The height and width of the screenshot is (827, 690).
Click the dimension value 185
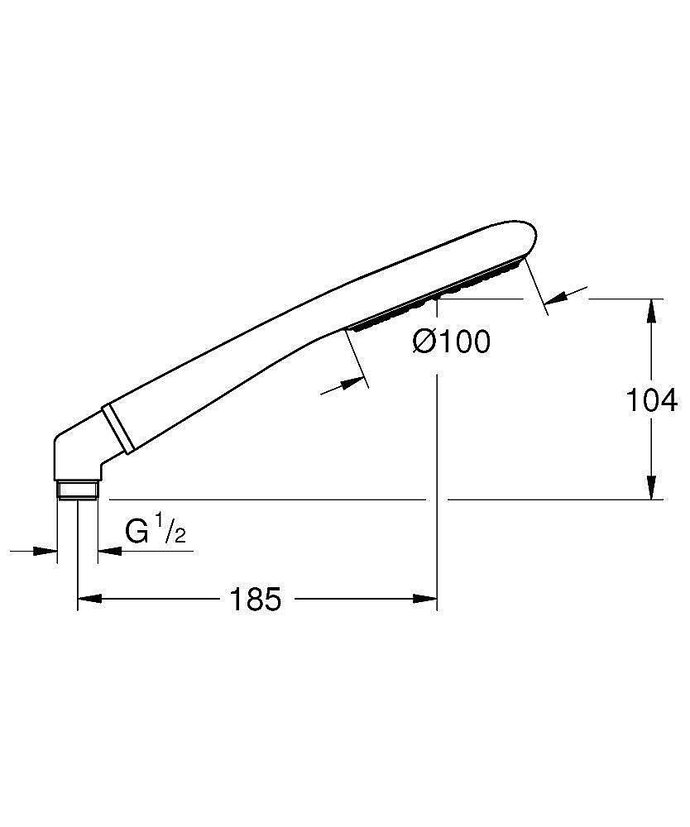(256, 599)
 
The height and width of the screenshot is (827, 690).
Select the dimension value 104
(651, 400)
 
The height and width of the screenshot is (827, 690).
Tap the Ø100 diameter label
(452, 342)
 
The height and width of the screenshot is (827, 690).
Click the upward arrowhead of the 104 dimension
(652, 310)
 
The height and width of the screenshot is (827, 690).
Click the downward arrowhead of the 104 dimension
(652, 487)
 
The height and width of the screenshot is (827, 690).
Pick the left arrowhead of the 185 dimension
(89, 599)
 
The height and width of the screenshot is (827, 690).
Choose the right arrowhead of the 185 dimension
(425, 599)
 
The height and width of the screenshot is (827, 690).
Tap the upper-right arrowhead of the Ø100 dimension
(556, 298)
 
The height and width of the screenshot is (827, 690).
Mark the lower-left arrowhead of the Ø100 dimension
(352, 384)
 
